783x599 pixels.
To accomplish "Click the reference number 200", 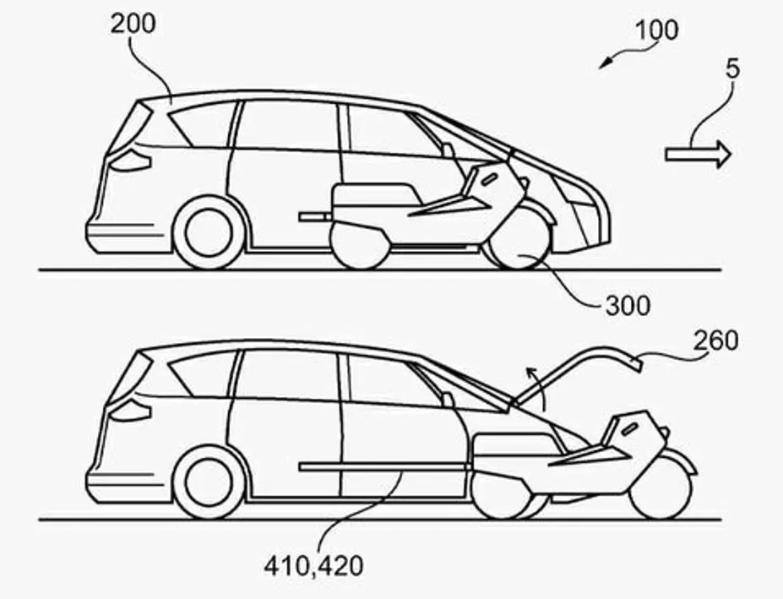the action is [x=133, y=23].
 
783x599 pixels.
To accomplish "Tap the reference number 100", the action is [x=656, y=30].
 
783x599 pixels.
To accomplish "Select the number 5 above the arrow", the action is [x=732, y=69].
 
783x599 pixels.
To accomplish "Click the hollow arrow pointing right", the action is [x=698, y=155].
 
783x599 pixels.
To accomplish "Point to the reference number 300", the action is [x=628, y=306].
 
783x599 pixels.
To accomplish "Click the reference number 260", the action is [x=715, y=340].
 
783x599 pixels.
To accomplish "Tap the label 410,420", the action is [x=313, y=566].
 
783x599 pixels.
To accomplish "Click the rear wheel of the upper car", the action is [x=209, y=233].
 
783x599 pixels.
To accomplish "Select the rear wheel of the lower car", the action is [x=209, y=482].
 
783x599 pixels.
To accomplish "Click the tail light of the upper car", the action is [x=131, y=161].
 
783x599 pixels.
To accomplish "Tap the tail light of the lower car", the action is [x=131, y=410].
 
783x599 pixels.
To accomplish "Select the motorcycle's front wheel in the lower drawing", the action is [x=661, y=488].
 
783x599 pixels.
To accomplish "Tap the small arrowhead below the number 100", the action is [x=606, y=63].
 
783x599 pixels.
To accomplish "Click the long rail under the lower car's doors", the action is [x=385, y=467].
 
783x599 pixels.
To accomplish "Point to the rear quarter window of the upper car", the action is [x=201, y=125].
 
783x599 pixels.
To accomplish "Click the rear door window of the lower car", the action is [x=286, y=374].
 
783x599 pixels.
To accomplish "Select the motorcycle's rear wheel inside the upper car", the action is [x=360, y=246].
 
